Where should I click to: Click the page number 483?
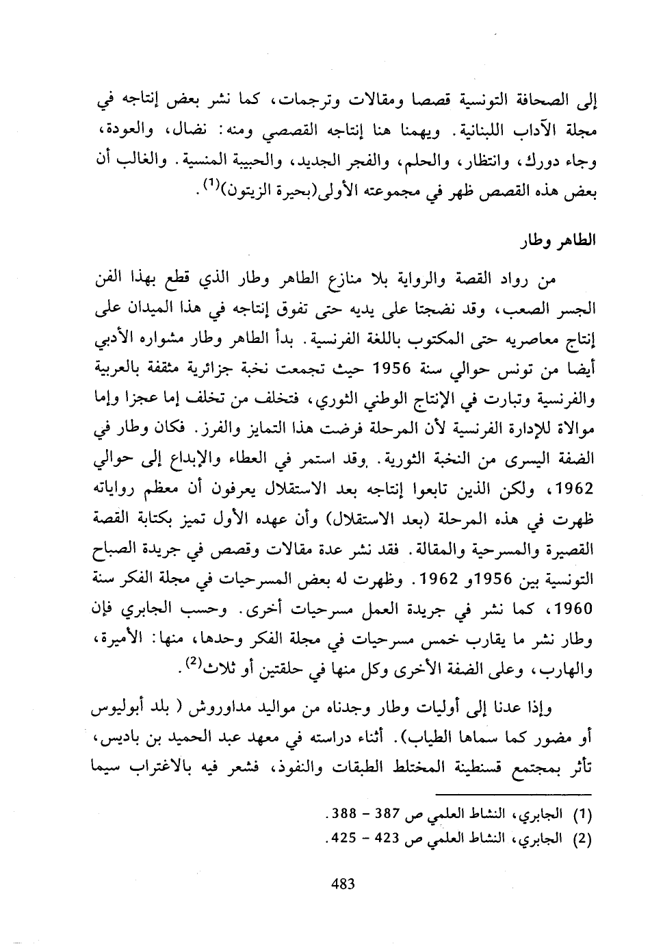coord(342,884)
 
